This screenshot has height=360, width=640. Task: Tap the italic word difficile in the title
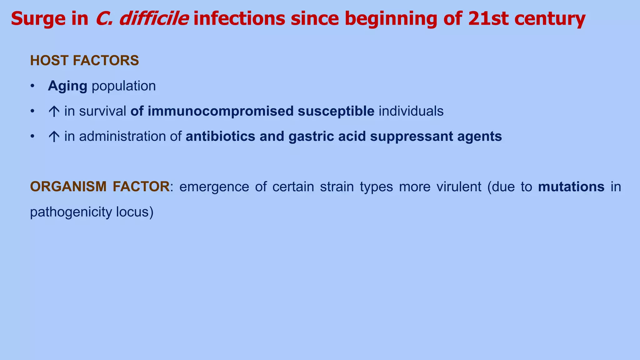154,19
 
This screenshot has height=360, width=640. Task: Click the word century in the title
550,19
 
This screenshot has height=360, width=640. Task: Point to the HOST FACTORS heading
84,61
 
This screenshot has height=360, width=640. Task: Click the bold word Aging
67,86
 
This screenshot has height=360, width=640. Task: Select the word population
124,86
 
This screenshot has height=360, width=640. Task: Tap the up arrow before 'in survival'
54,112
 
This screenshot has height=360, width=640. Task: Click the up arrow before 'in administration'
54,137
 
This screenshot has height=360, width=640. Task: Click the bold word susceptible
336,111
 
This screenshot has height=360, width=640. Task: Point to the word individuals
411,111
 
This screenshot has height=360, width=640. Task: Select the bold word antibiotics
220,137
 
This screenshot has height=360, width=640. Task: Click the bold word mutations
571,187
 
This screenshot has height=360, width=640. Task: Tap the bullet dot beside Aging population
32,86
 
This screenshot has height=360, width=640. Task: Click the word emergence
214,187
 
